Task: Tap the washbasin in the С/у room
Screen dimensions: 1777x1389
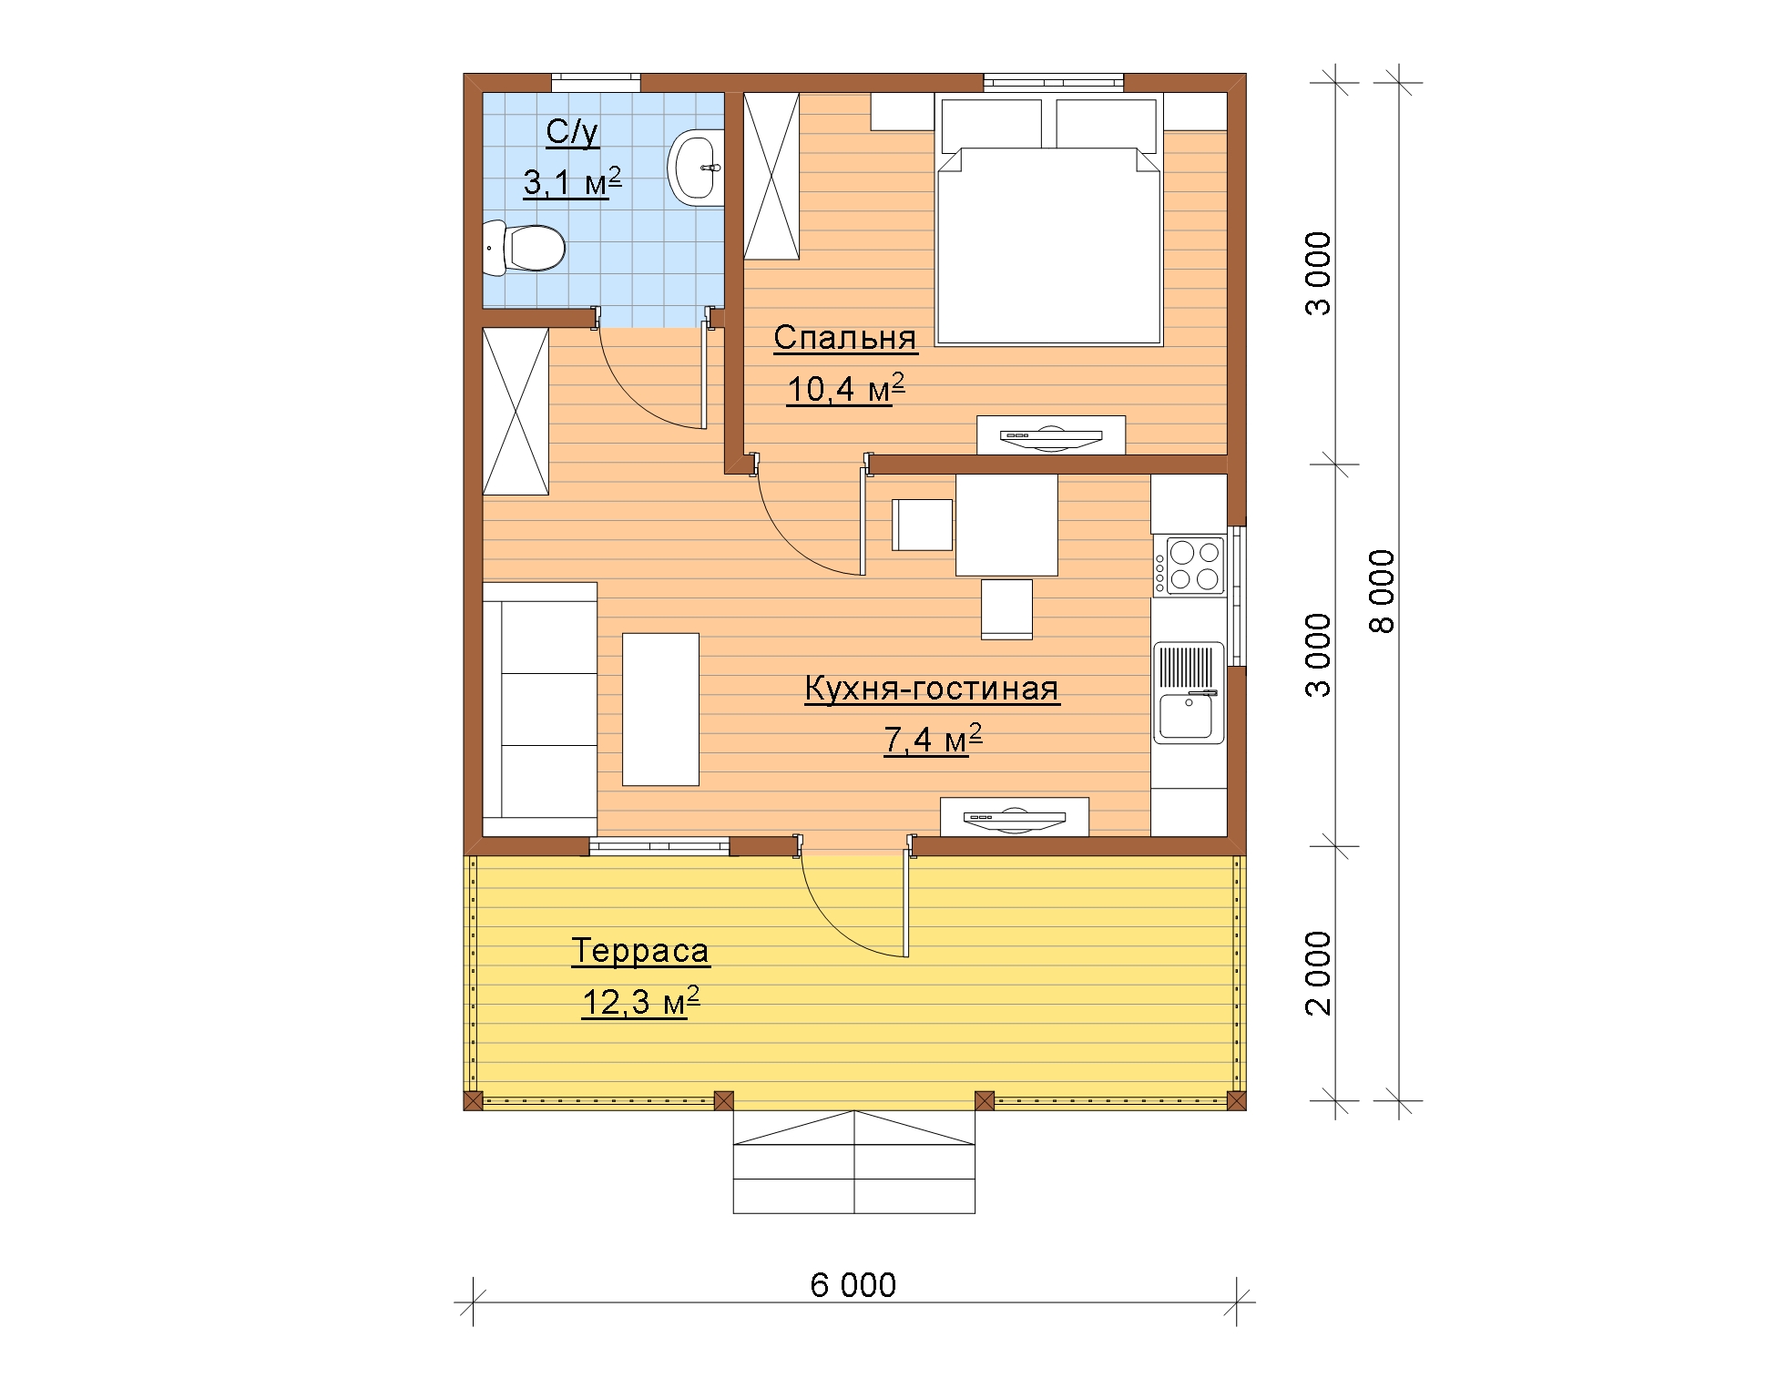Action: coord(696,168)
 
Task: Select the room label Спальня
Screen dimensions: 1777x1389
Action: coord(845,338)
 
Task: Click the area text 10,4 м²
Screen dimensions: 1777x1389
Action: coord(845,389)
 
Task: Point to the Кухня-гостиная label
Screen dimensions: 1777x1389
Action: coord(932,689)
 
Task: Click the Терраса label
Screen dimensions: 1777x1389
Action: coord(640,951)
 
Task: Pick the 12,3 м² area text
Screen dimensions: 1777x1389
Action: coord(640,1002)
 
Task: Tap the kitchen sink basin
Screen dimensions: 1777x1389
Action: coord(1185,716)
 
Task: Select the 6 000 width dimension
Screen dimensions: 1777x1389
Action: coord(853,1285)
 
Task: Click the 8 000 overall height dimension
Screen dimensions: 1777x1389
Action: coord(1383,591)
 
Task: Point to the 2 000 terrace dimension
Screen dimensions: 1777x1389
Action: coord(1318,973)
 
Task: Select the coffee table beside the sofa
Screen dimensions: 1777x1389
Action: coord(660,710)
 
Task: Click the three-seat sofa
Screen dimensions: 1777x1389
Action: coord(539,710)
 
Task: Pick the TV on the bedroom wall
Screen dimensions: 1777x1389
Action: coord(1051,435)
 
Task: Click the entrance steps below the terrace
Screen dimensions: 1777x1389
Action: coord(854,1162)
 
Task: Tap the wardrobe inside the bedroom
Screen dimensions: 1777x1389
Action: coord(771,176)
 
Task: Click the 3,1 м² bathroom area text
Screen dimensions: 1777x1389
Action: coord(572,182)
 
